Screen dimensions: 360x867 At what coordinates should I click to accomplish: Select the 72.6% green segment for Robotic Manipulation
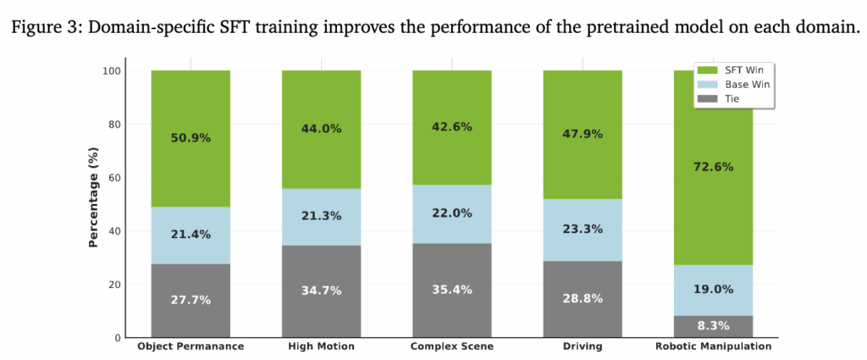click(712, 167)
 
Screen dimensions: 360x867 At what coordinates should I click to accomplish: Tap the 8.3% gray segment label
click(712, 324)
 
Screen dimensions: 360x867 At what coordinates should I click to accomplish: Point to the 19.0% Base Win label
click(712, 289)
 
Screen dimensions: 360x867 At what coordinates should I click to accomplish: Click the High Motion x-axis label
click(321, 346)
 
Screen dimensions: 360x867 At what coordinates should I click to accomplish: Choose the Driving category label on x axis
click(582, 346)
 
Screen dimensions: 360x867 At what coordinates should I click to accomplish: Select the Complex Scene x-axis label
click(451, 346)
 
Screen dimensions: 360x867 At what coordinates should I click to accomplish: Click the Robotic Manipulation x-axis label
click(712, 346)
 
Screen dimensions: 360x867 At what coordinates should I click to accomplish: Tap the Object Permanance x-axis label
click(191, 346)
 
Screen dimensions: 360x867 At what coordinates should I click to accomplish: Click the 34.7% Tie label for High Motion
click(321, 291)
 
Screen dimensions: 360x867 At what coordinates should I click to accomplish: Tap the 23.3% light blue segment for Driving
click(582, 229)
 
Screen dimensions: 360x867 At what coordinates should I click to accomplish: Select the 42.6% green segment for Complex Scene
click(451, 127)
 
